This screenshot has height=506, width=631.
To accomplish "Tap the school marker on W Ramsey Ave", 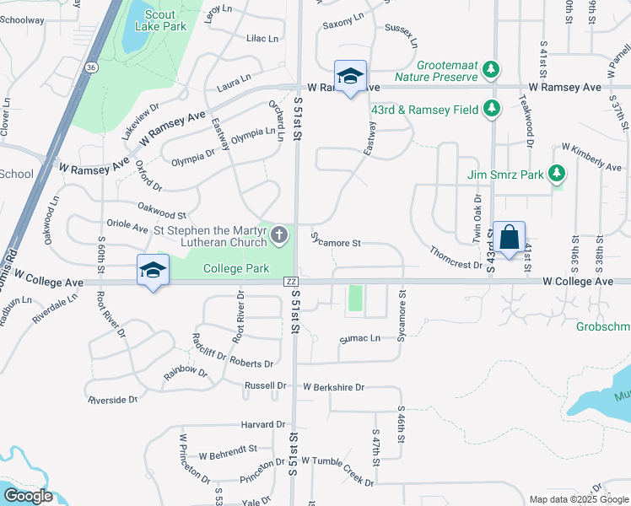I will click(350, 77).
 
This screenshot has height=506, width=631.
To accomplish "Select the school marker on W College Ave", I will click(153, 271).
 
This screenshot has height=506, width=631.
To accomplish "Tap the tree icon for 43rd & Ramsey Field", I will click(492, 109).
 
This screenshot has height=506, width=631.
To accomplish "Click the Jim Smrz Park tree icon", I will click(555, 175).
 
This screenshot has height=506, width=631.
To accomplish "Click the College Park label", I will click(235, 269).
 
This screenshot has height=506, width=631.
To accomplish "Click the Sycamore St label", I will click(336, 243).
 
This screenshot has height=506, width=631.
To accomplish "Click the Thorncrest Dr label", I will click(455, 258).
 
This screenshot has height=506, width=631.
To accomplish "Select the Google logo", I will click(27, 496).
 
